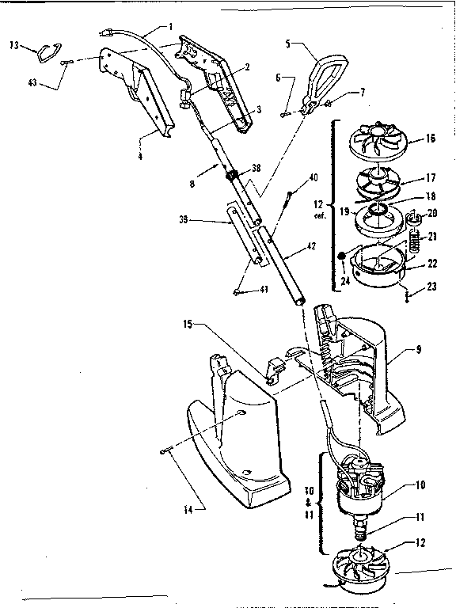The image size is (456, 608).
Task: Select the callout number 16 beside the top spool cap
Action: click(430, 138)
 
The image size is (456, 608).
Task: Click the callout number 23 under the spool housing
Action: click(431, 289)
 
